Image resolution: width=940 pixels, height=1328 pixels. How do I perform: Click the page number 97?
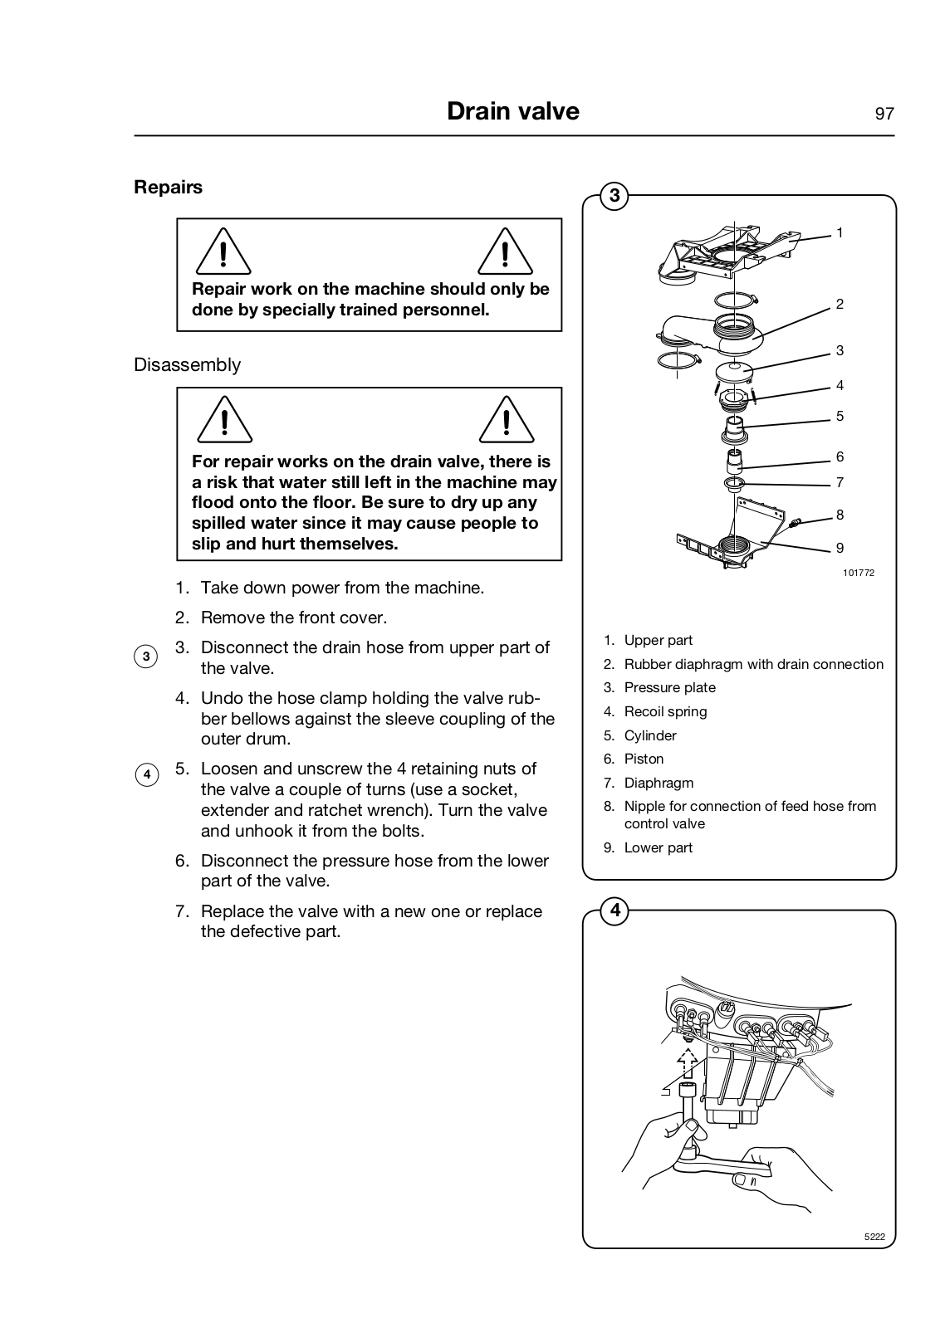pyautogui.click(x=884, y=114)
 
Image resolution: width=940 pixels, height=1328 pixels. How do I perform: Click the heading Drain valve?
pyautogui.click(x=512, y=111)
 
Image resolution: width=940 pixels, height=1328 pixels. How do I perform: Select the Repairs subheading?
pyautogui.click(x=168, y=187)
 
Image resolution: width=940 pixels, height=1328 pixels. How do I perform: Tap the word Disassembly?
pyautogui.click(x=187, y=365)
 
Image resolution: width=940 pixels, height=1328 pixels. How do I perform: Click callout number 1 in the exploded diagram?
pyautogui.click(x=840, y=233)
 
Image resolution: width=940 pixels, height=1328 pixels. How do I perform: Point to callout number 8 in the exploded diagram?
pyautogui.click(x=840, y=515)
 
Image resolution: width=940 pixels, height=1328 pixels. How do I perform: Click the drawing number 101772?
pyautogui.click(x=858, y=573)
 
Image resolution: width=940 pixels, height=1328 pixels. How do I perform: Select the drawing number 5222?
pyautogui.click(x=874, y=1237)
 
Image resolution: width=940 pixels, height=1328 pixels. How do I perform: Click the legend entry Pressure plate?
pyautogui.click(x=669, y=687)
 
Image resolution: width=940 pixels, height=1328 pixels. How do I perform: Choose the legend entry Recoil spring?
pyautogui.click(x=665, y=711)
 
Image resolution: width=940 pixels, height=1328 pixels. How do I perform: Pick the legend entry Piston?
pyautogui.click(x=644, y=759)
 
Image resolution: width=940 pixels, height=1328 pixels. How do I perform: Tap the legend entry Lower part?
pyautogui.click(x=658, y=847)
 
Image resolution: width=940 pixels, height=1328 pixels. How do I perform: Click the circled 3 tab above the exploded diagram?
pyautogui.click(x=614, y=196)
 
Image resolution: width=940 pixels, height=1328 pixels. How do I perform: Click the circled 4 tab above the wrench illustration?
pyautogui.click(x=614, y=911)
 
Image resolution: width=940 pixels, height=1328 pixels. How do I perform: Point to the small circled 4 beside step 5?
pyautogui.click(x=145, y=775)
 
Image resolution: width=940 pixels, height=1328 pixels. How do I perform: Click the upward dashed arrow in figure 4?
pyautogui.click(x=686, y=1061)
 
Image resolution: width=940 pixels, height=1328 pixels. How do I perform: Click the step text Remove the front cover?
pyautogui.click(x=294, y=618)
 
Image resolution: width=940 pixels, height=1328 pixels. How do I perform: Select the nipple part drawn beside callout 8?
pyautogui.click(x=796, y=523)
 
